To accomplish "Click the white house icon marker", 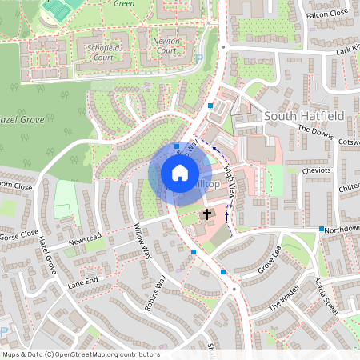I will pos(179,173).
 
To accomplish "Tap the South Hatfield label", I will pos(304,116).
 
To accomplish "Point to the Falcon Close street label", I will pos(327,14).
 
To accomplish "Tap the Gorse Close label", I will pos(19,233).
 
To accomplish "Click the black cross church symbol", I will pos(207,214).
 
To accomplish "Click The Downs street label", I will pos(315,131).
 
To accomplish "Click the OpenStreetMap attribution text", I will pos(80,354).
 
